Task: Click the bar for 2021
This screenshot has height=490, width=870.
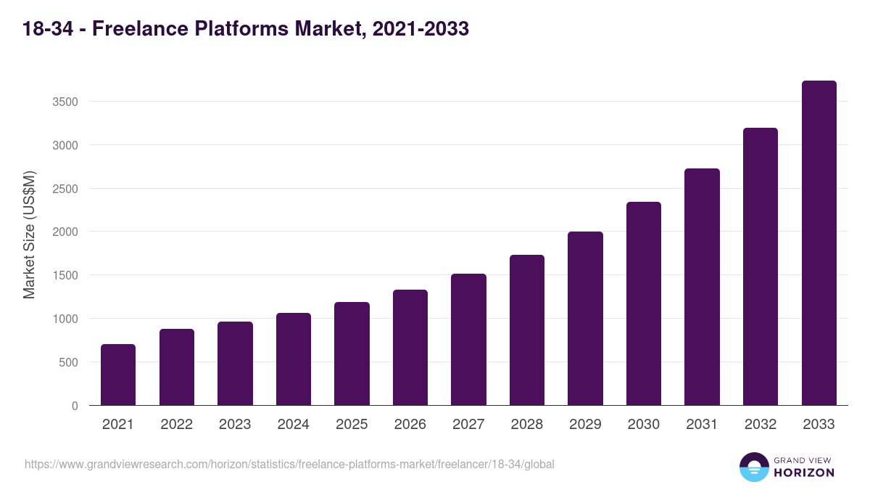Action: (x=118, y=375)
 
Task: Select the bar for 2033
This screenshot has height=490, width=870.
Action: (x=819, y=243)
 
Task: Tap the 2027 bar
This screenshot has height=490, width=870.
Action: (x=468, y=340)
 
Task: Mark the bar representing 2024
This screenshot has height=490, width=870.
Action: (x=294, y=359)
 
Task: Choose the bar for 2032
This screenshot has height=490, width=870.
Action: (x=761, y=266)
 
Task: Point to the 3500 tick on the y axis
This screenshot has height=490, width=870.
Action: (x=65, y=102)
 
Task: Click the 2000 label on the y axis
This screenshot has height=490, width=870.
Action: (x=65, y=232)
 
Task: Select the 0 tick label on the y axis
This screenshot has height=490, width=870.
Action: (x=75, y=406)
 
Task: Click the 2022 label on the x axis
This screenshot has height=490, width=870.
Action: (x=176, y=425)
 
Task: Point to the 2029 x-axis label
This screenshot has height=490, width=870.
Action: (x=585, y=425)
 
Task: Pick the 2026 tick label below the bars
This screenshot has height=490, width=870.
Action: (x=410, y=425)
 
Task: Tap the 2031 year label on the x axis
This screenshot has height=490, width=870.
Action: (x=702, y=425)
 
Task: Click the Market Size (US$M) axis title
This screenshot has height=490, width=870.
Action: (x=29, y=234)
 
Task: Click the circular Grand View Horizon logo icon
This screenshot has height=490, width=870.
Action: (x=753, y=467)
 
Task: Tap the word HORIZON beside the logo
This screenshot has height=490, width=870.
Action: (x=804, y=473)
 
